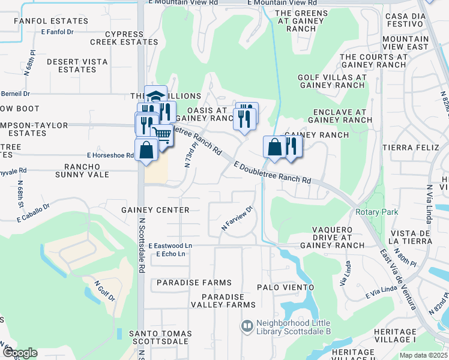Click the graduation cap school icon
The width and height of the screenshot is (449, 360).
point(155,97)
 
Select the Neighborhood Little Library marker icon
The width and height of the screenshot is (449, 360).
point(246,326)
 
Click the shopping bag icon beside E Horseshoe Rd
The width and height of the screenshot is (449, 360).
point(146,149)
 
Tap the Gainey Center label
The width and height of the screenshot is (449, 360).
point(155,210)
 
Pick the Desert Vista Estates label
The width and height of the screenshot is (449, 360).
point(77,65)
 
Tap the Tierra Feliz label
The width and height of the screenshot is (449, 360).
point(410,147)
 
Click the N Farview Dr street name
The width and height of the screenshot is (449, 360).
point(237,218)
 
